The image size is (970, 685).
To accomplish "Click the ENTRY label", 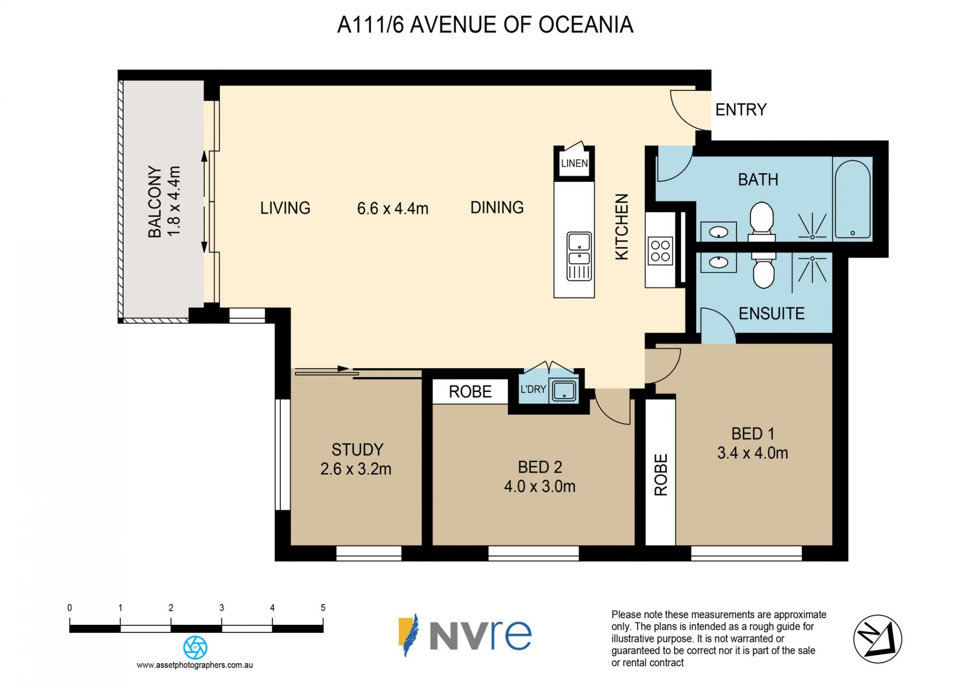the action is point(741,110).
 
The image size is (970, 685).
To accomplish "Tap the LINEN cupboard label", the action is point(574,163).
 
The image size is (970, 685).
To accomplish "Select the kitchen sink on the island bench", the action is point(579,256).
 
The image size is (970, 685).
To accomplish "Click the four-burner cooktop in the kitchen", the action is point(660,251).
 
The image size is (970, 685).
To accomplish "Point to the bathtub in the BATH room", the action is point(853,199).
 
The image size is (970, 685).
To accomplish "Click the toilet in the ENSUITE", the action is point(763,270).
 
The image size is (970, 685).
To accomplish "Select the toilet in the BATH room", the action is point(762,221).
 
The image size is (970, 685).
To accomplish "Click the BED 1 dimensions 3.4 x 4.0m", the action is point(753,453).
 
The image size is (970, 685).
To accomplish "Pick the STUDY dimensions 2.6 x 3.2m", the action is point(356,469).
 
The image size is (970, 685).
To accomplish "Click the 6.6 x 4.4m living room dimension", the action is point(393,208).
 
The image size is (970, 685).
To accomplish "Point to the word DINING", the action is point(497,207).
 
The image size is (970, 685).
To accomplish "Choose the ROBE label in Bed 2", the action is point(470,392).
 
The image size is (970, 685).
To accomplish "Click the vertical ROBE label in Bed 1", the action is point(661,475).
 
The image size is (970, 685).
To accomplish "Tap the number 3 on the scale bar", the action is point(221,608).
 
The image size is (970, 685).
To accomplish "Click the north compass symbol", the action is point(878,639).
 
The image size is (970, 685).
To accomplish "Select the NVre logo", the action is point(465,634).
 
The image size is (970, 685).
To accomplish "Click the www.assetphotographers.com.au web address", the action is point(195,665).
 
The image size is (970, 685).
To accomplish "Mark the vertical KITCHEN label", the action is point(621,227).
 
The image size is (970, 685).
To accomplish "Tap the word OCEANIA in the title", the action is point(586,25).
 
